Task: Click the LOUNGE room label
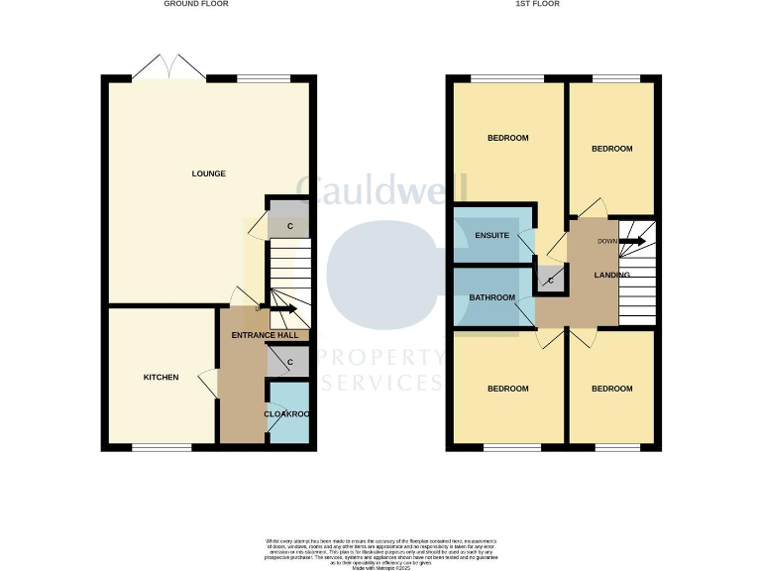208,173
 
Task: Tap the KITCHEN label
161,377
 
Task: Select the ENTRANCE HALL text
265,336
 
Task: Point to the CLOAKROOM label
287,413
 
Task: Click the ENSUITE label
491,235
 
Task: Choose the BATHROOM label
492,297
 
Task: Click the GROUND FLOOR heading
196,4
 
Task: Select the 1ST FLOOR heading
538,4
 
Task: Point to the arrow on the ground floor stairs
282,309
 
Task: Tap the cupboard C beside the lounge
289,226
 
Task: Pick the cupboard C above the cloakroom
289,362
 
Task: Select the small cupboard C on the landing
551,282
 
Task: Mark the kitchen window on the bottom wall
162,447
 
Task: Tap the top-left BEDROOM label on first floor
507,138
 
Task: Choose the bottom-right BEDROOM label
611,389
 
